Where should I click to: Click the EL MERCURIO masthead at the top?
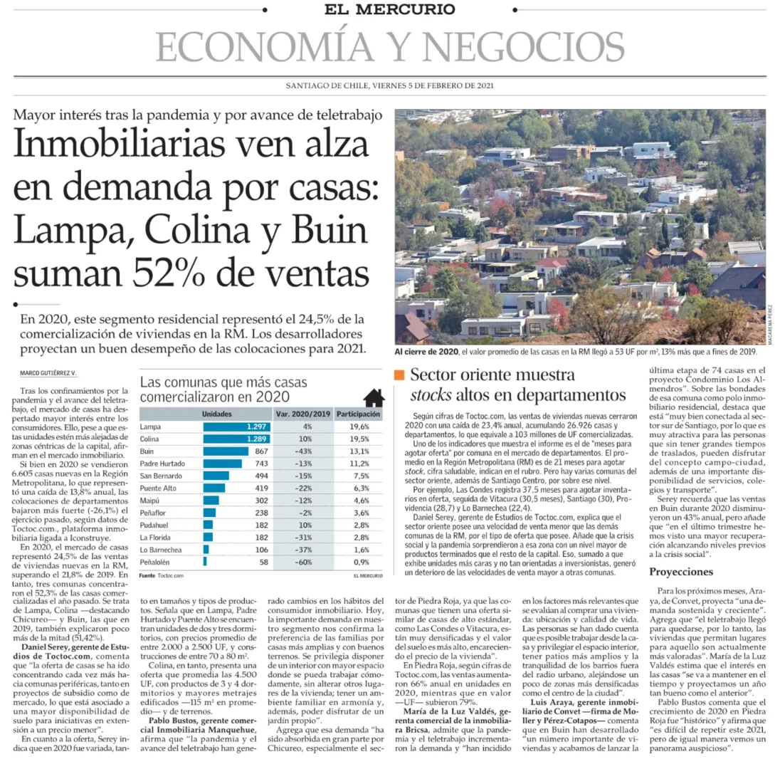390,9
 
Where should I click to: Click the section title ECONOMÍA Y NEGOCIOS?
389,47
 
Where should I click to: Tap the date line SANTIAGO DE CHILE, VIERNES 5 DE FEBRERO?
389,86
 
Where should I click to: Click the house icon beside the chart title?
374,397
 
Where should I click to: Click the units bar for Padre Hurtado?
222,463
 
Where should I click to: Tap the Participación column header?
359,414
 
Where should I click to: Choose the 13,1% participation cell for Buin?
359,451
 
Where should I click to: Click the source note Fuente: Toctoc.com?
161,575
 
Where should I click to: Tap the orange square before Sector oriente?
399,375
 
